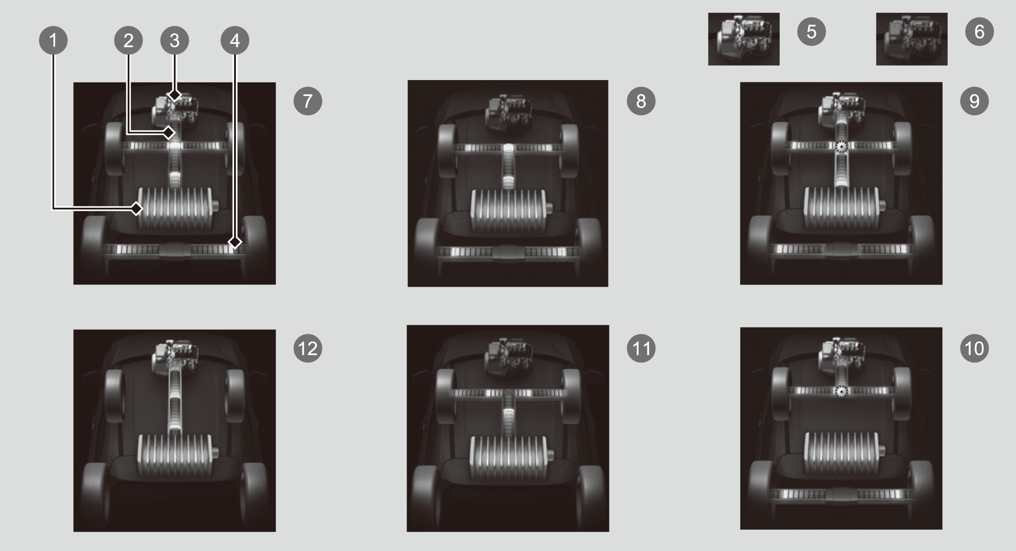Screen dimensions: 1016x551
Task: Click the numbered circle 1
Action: pos(53,40)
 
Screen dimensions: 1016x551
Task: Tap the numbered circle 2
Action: pos(129,40)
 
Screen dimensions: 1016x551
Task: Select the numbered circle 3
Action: pos(175,40)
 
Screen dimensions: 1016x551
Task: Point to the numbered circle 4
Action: pos(235,40)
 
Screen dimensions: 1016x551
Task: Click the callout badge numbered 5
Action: pos(812,32)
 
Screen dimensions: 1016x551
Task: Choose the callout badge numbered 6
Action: pos(979,32)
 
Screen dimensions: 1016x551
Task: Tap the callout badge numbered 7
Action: pos(308,101)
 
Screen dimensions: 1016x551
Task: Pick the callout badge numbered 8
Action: pos(641,101)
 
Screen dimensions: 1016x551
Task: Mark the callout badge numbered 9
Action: pos(974,101)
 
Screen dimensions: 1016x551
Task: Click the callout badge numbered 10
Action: pos(974,348)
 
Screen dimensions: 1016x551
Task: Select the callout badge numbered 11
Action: pos(641,348)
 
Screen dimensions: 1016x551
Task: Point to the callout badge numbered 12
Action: pos(308,348)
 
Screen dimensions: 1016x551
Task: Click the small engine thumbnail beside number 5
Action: pos(744,39)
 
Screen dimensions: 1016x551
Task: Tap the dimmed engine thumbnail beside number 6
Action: pos(912,39)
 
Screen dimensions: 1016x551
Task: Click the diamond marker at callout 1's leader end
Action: pos(137,209)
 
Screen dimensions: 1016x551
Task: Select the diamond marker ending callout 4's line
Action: pos(235,242)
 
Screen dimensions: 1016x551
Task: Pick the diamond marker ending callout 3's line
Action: pos(175,95)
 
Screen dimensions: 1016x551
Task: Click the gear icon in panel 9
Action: pos(841,147)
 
